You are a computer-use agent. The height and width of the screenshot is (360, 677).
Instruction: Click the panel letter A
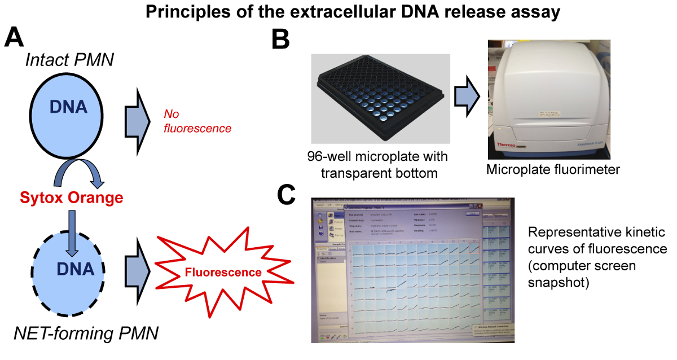click(x=15, y=39)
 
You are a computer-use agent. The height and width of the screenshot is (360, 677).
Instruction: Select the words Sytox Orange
click(x=71, y=198)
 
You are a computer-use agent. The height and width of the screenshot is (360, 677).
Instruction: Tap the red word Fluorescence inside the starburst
click(x=224, y=273)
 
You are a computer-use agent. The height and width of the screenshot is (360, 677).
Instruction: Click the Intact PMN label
click(x=70, y=59)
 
